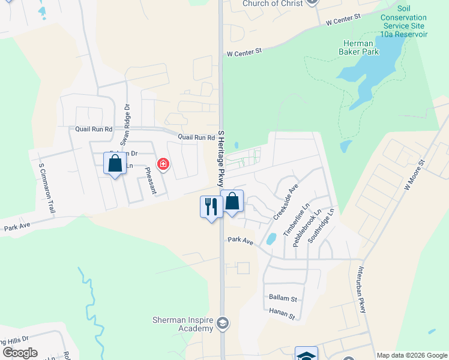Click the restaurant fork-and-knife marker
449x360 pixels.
[211, 207]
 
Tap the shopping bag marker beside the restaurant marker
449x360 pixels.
[232, 202]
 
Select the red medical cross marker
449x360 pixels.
[163, 164]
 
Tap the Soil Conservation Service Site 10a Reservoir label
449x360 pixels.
[403, 22]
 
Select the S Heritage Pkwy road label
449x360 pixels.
[221, 158]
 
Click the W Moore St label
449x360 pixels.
[414, 175]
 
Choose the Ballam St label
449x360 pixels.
[283, 298]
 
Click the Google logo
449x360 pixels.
[20, 353]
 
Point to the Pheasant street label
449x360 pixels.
[151, 181]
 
